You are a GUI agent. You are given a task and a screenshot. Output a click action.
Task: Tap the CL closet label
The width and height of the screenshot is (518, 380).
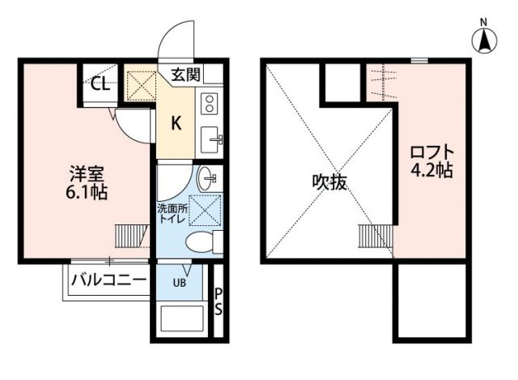click(x=100, y=83)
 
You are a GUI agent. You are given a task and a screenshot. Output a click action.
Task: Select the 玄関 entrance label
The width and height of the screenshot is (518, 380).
click(x=186, y=75)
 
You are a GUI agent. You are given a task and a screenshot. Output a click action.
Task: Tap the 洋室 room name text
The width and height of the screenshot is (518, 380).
click(x=83, y=175)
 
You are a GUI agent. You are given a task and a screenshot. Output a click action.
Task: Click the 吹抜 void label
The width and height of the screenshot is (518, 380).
click(x=329, y=182)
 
